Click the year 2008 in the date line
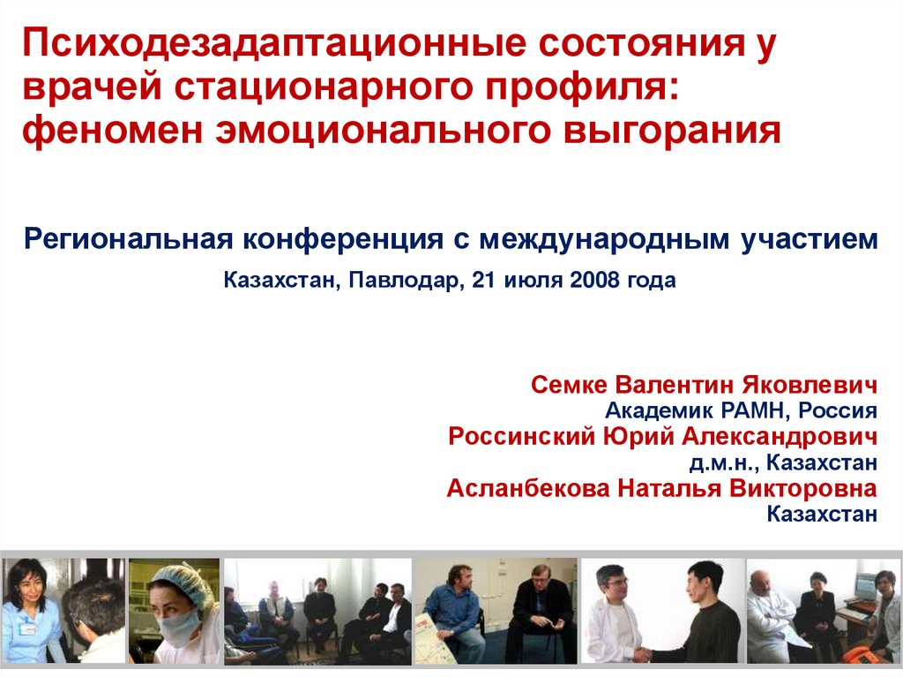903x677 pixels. (x=596, y=282)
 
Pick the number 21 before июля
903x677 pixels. (x=486, y=282)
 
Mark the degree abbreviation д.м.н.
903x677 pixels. (x=718, y=462)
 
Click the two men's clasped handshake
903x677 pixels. (x=641, y=654)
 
